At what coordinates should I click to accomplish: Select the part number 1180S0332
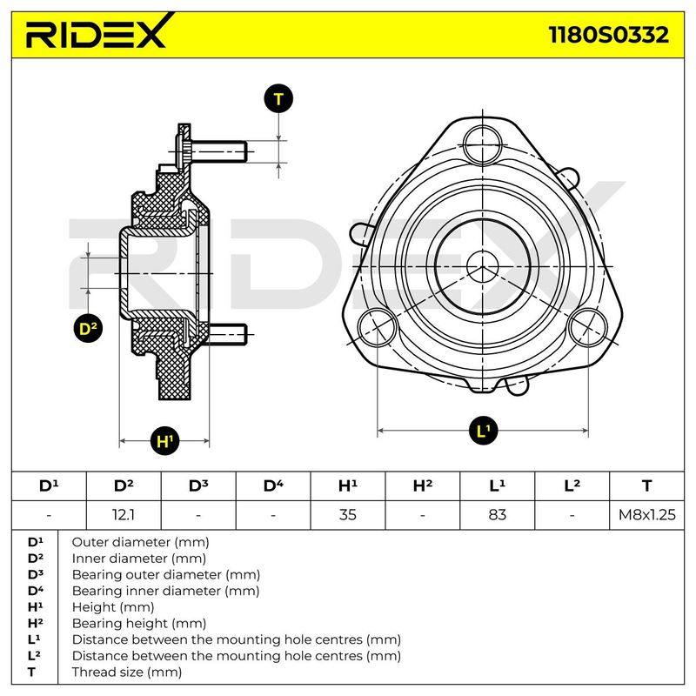click(x=608, y=35)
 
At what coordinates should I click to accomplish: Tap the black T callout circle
click(x=278, y=98)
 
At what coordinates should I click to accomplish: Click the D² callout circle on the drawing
click(x=88, y=329)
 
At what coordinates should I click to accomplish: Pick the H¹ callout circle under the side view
click(x=164, y=441)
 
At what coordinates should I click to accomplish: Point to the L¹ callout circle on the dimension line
click(x=483, y=430)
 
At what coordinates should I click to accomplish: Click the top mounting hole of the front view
click(x=483, y=144)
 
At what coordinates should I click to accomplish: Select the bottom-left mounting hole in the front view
click(x=377, y=328)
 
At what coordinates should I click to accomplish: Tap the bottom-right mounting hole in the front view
click(x=588, y=328)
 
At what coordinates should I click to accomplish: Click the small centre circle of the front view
click(x=483, y=267)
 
